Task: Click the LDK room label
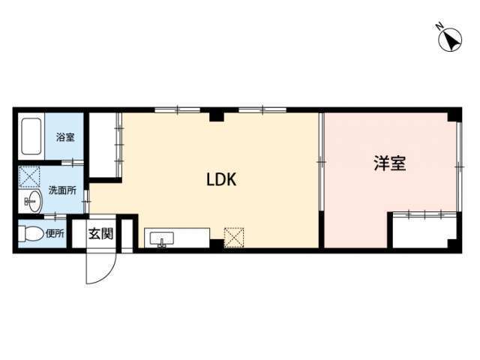click(221, 180)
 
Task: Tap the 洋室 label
click(390, 163)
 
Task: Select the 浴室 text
click(65, 136)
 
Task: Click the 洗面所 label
click(62, 190)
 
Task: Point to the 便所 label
click(55, 233)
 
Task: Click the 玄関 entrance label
click(101, 234)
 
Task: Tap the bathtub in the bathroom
click(31, 136)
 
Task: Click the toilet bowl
click(31, 234)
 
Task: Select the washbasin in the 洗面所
click(33, 200)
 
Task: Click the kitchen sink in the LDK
click(162, 238)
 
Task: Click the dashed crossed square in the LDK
click(234, 238)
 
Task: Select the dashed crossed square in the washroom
click(29, 177)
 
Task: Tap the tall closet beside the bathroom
click(103, 145)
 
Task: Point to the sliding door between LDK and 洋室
click(321, 162)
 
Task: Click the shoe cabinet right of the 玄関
click(127, 235)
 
